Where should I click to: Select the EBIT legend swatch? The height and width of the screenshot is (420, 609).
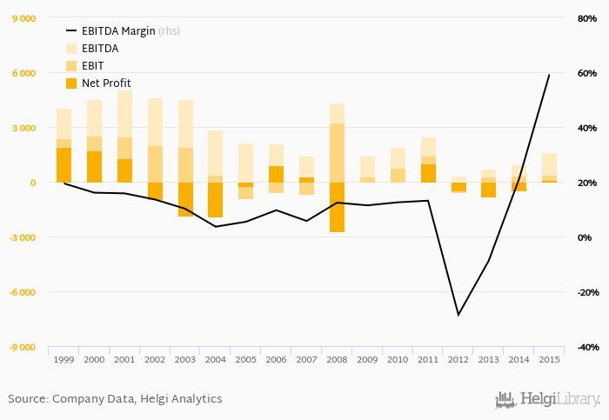(x=71, y=66)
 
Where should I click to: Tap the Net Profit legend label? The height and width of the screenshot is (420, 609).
(x=106, y=83)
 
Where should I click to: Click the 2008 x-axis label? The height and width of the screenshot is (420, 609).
(x=338, y=359)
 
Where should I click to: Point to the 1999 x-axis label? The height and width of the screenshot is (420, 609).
(x=64, y=359)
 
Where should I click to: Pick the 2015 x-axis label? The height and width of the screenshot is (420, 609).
(x=550, y=359)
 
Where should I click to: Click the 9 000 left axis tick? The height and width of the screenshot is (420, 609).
(x=22, y=18)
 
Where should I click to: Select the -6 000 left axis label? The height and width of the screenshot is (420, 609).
(x=20, y=292)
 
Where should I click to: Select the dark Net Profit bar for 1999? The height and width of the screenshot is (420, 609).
(x=64, y=165)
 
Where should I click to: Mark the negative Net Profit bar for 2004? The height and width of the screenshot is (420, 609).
(x=216, y=200)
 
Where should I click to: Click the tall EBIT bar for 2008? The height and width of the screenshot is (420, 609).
(x=338, y=153)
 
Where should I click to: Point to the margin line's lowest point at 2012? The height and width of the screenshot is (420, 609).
(x=458, y=315)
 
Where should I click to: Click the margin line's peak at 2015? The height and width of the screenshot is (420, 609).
(x=549, y=75)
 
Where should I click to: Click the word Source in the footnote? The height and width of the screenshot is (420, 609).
(x=28, y=399)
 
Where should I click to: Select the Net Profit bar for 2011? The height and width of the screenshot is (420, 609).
(x=429, y=173)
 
